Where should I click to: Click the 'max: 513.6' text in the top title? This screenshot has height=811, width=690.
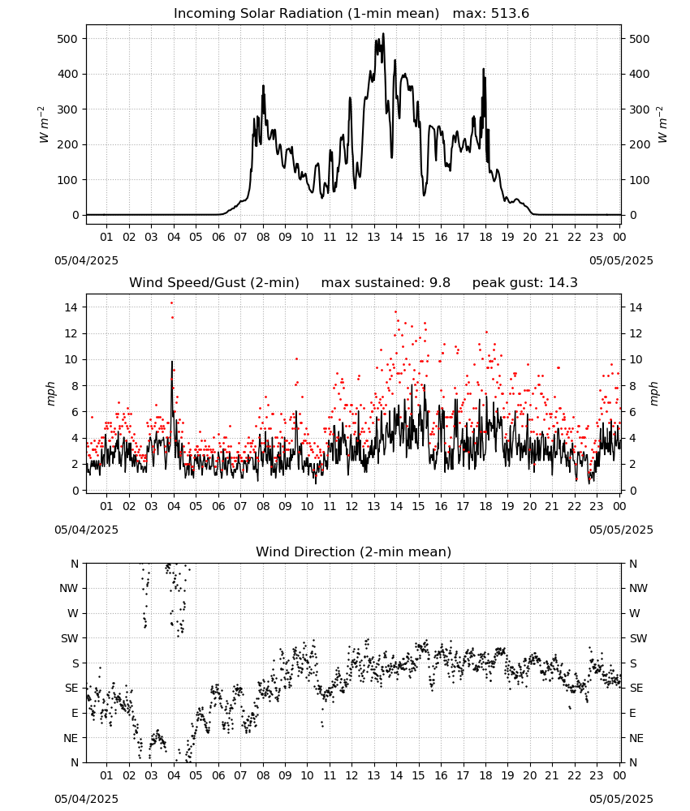tap(491, 13)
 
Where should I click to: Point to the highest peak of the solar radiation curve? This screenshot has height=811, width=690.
tap(384, 33)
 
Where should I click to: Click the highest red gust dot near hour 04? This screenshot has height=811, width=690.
tap(172, 303)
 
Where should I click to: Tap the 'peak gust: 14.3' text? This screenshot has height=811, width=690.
tap(524, 282)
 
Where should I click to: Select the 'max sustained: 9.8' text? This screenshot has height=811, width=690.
tap(386, 282)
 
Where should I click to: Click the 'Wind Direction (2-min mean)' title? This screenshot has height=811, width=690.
tap(354, 551)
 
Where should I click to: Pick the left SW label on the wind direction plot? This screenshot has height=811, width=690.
tap(70, 638)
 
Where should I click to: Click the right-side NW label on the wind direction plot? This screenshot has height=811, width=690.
tap(638, 588)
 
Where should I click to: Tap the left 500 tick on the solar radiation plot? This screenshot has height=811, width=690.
tap(67, 39)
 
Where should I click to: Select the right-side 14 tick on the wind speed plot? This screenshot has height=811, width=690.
tap(635, 307)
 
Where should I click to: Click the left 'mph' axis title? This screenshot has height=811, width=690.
tap(50, 393)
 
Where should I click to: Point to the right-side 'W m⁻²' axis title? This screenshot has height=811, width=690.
tap(662, 125)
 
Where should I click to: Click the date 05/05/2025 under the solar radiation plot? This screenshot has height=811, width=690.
tap(621, 260)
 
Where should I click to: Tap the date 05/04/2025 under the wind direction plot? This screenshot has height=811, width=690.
tap(86, 799)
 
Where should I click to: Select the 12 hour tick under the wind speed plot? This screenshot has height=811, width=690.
tap(352, 506)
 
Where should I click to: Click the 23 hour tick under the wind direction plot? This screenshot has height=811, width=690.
tap(597, 775)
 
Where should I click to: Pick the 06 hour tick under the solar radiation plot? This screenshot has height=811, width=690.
tap(218, 237)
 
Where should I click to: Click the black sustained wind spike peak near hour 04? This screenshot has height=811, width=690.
tap(172, 362)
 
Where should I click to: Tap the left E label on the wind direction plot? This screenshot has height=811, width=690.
tap(75, 713)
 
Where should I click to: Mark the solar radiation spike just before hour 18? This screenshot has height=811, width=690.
tap(484, 69)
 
